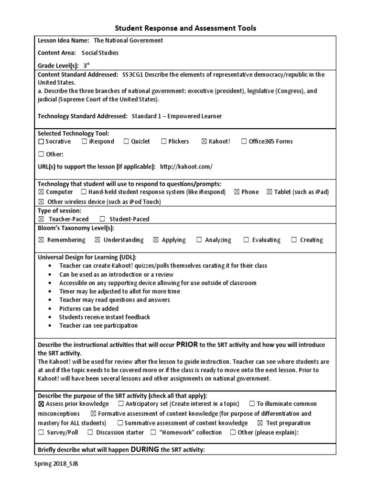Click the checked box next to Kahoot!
pyautogui.click(x=204, y=142)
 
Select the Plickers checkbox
pyautogui.click(x=163, y=142)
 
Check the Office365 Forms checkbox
pyautogui.click(x=244, y=142)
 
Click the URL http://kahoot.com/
pyautogui.click(x=186, y=167)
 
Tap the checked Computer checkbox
pyautogui.click(x=41, y=192)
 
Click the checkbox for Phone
pyautogui.click(x=237, y=192)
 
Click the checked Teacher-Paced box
pyautogui.click(x=41, y=219)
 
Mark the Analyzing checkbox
pyautogui.click(x=199, y=240)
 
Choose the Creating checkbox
pyautogui.click(x=294, y=240)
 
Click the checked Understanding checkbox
pyautogui.click(x=97, y=240)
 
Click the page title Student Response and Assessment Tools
pyautogui.click(x=184, y=28)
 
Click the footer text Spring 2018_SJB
pyautogui.click(x=56, y=465)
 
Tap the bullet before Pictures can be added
pyautogui.click(x=50, y=309)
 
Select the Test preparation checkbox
pyautogui.click(x=260, y=423)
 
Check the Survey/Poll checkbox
pyautogui.click(x=41, y=433)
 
